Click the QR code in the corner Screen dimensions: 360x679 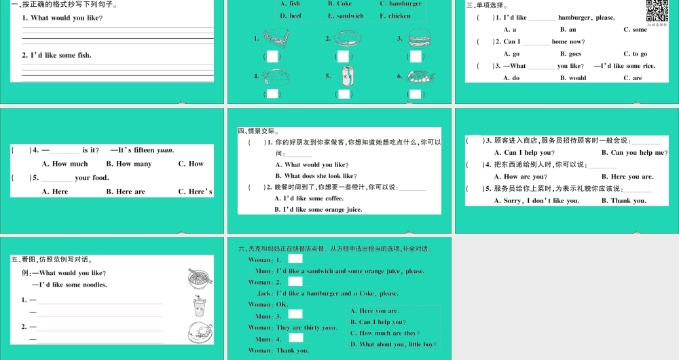pyautogui.click(x=655, y=12)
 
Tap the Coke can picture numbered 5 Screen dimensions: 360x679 pyautogui.click(x=346, y=75)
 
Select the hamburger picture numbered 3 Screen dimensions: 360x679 pyautogui.click(x=416, y=38)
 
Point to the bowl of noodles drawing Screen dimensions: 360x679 pyautogui.click(x=200, y=278)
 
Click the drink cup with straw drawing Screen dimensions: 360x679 pyautogui.click(x=200, y=306)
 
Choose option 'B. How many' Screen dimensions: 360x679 pyautogui.click(x=129, y=164)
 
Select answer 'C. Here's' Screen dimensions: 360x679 pyautogui.click(x=196, y=192)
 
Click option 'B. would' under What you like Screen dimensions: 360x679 pyautogui.click(x=573, y=78)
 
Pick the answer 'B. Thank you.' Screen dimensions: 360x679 pyautogui.click(x=624, y=200)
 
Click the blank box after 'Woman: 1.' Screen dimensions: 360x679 pyautogui.click(x=295, y=259)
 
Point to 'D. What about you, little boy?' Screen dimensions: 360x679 pyautogui.click(x=393, y=344)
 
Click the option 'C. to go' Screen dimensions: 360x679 pyautogui.click(x=636, y=54)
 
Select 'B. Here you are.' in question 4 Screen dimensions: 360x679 pyautogui.click(x=627, y=177)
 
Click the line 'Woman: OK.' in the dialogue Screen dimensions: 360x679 pyautogui.click(x=268, y=304)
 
